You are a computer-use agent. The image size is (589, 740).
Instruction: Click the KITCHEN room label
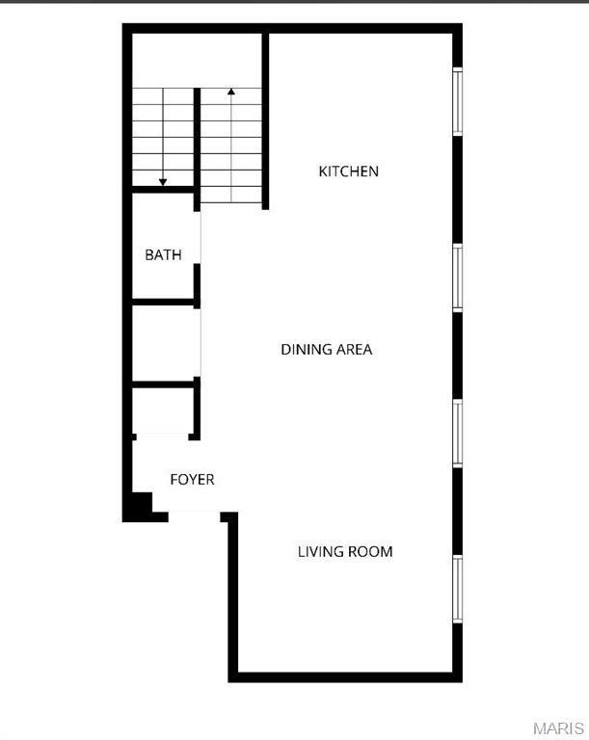pyautogui.click(x=349, y=172)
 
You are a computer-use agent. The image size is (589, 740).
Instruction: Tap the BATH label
pyautogui.click(x=163, y=255)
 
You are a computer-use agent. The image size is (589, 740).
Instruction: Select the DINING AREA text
pyautogui.click(x=327, y=349)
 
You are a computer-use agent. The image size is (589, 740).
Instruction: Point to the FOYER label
pyautogui.click(x=192, y=479)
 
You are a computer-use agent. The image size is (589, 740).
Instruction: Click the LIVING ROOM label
pyautogui.click(x=345, y=552)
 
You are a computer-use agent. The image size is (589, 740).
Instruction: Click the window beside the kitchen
pyautogui.click(x=458, y=101)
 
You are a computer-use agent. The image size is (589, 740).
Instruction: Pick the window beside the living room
pyautogui.click(x=458, y=589)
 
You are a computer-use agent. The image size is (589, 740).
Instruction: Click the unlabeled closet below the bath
pyautogui.click(x=164, y=344)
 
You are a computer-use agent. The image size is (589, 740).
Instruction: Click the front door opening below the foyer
pyautogui.click(x=195, y=513)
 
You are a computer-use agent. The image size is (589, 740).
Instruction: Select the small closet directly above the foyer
pyautogui.click(x=164, y=411)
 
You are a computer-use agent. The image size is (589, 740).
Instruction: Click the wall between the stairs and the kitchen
pyautogui.click(x=265, y=120)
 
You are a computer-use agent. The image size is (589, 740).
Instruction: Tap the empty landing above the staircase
pyautogui.click(x=197, y=60)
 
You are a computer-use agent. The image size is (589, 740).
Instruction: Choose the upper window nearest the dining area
pyautogui.click(x=458, y=278)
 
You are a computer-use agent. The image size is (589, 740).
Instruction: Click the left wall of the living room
pyautogui.click(x=232, y=597)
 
